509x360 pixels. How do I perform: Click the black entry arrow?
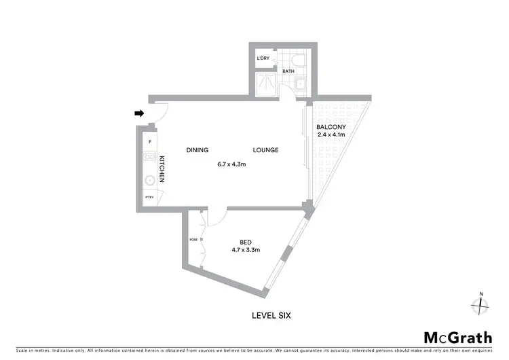140,113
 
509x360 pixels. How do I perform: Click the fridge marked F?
149,142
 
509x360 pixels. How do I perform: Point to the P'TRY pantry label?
149,197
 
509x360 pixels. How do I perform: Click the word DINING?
197,150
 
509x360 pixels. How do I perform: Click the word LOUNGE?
265,150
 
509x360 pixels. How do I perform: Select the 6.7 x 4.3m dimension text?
231,164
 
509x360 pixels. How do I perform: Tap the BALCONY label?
332,127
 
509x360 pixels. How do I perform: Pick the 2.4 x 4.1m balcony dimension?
332,134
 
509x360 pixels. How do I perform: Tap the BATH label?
288,71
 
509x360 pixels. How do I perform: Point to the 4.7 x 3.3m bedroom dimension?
247,250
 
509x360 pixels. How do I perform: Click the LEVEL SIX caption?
271,315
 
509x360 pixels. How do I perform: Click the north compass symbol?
481,305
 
